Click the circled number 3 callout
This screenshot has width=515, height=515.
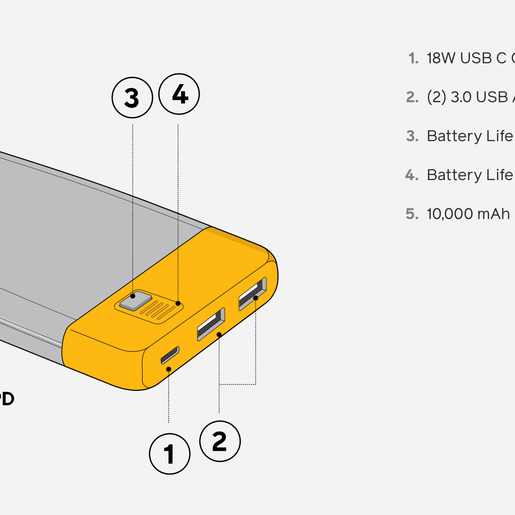click(132, 98)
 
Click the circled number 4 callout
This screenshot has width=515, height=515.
click(180, 94)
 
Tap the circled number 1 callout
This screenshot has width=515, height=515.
click(169, 454)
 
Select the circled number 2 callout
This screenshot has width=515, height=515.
click(220, 441)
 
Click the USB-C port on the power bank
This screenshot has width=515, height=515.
click(170, 355)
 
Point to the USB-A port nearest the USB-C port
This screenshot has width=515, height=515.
click(211, 324)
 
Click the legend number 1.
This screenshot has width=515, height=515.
click(413, 58)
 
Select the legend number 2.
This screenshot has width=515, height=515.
click(412, 97)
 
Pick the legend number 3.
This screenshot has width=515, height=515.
click(412, 136)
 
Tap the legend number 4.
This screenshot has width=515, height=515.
click(412, 175)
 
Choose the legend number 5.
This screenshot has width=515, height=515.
click(412, 214)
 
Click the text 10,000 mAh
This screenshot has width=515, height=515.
click(468, 214)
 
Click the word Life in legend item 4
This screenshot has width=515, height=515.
click(499, 175)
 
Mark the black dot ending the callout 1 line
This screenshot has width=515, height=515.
click(168, 369)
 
